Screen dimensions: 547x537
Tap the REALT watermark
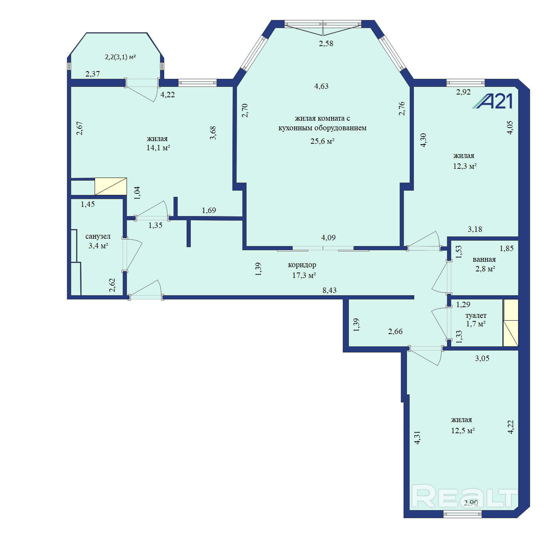tap(464, 496)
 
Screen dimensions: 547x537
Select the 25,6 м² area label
tap(322, 141)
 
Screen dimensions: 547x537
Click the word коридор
tap(302, 265)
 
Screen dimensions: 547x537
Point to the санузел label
tap(98, 236)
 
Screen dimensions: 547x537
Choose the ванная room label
tap(484, 259)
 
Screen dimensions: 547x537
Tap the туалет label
tap(476, 316)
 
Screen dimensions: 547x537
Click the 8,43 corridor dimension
tap(330, 290)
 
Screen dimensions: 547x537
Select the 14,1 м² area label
tap(158, 148)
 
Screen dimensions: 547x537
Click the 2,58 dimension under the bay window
tap(326, 43)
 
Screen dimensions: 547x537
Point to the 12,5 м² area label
tap(463, 431)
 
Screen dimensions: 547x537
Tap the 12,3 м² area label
tap(465, 166)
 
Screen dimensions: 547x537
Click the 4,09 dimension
tap(329, 238)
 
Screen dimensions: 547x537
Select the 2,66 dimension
tap(395, 331)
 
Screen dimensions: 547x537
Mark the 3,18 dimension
tap(475, 229)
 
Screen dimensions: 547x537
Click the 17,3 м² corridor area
tap(304, 275)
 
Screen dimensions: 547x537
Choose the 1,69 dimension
tap(209, 210)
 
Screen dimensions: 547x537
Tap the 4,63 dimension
tap(321, 86)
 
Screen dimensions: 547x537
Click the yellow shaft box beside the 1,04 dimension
tap(111, 186)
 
